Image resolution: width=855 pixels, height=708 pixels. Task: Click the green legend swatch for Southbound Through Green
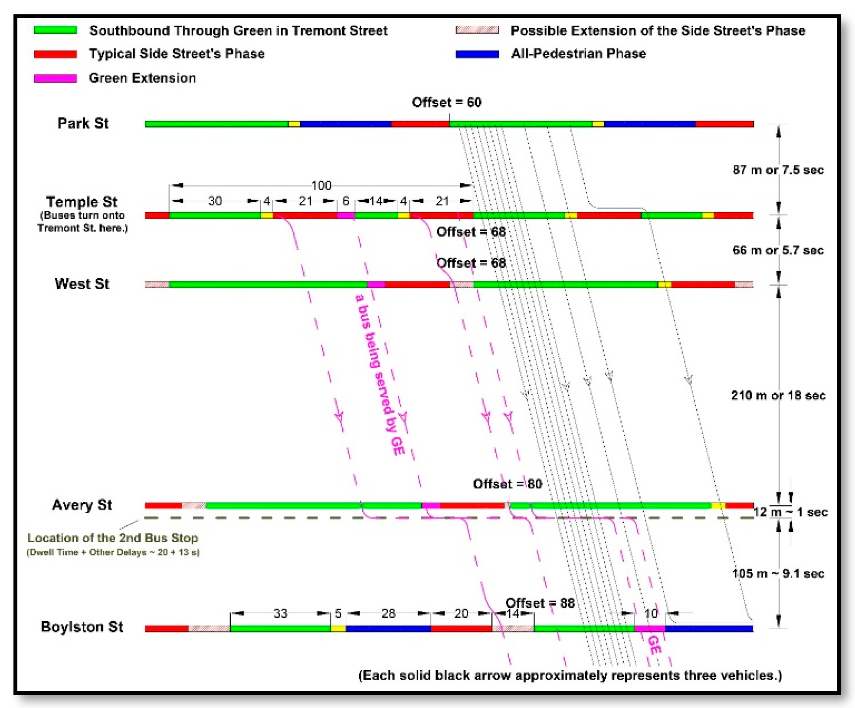[55, 30]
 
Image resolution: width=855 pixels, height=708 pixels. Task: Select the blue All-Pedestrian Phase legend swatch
[477, 54]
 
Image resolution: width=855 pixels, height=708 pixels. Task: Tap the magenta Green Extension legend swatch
[55, 78]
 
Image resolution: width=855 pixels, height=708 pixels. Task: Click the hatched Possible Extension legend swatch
[477, 30]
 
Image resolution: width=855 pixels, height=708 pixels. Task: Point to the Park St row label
[83, 123]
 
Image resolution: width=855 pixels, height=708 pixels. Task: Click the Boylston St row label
[82, 626]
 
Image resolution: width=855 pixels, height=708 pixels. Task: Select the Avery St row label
[82, 504]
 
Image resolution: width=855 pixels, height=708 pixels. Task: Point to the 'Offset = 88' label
[540, 603]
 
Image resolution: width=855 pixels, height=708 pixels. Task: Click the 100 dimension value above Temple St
[321, 185]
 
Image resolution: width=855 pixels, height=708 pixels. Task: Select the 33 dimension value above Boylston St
[280, 613]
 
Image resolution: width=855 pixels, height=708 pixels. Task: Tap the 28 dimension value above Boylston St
[388, 613]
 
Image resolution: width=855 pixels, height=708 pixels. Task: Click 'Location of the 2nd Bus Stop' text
[113, 537]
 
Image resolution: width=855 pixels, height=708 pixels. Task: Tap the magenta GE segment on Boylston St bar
[649, 628]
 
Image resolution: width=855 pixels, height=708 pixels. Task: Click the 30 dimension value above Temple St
[215, 201]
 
